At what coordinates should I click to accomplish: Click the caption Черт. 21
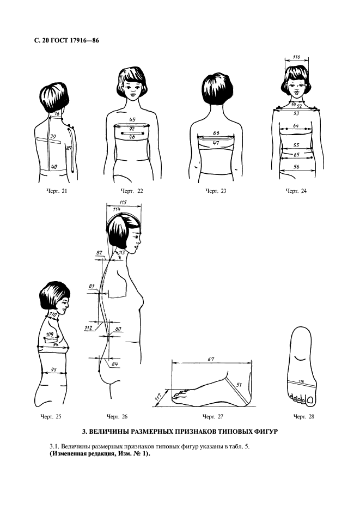click(x=57, y=191)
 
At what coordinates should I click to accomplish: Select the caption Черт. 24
click(x=296, y=191)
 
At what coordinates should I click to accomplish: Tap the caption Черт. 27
click(x=213, y=416)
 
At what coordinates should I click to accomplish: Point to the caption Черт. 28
click(x=304, y=416)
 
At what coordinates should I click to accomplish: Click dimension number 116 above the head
click(x=296, y=57)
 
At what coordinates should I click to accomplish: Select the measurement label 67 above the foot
click(x=211, y=359)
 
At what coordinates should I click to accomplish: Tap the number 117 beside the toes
click(x=158, y=397)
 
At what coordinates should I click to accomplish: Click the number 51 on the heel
click(x=239, y=385)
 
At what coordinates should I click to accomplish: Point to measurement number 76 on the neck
click(x=57, y=113)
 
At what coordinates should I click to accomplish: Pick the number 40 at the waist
click(x=54, y=167)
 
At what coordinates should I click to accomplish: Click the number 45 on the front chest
click(x=132, y=120)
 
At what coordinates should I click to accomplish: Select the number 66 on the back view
click(x=216, y=133)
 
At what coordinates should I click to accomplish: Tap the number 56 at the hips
click(x=296, y=167)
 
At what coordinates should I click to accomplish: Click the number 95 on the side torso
click(x=54, y=369)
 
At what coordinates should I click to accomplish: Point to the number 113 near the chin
click(x=121, y=252)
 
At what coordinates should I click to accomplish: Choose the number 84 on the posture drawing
click(x=114, y=364)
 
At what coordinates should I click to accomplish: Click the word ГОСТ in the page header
click(x=59, y=41)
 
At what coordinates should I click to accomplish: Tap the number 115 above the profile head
click(x=123, y=202)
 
